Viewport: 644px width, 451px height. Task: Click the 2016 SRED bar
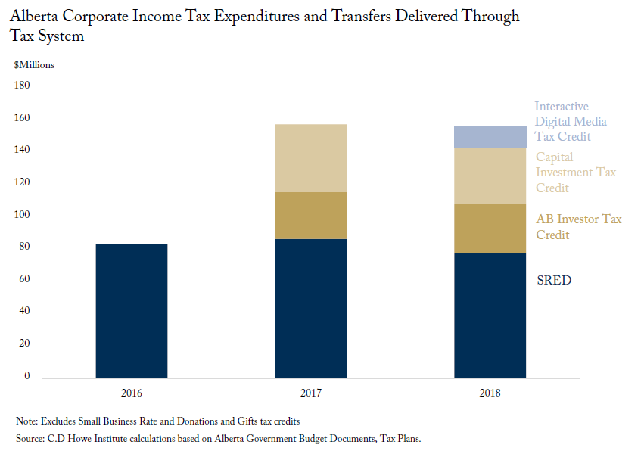click(x=132, y=311)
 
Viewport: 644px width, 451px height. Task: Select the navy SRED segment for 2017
click(x=311, y=309)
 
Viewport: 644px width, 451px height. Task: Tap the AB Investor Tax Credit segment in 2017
click(x=311, y=216)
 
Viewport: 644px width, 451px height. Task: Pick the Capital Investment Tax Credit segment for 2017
click(x=311, y=158)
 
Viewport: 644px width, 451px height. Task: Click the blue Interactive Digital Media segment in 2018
click(x=490, y=136)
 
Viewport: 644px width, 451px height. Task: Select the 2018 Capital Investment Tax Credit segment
click(x=490, y=176)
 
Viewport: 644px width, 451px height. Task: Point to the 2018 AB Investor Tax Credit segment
click(x=490, y=229)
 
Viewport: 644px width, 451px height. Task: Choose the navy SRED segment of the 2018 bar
click(x=490, y=316)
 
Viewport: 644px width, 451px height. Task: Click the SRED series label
click(x=554, y=280)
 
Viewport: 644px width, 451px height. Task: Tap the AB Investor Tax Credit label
click(x=579, y=227)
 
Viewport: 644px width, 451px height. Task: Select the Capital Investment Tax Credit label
click(x=576, y=173)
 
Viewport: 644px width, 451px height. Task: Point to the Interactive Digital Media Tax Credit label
click(x=571, y=122)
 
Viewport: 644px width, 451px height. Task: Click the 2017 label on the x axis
click(x=311, y=393)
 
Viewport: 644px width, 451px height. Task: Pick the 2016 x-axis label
click(x=132, y=393)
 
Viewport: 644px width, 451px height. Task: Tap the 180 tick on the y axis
click(x=22, y=85)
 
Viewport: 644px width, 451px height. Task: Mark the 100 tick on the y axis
click(x=22, y=214)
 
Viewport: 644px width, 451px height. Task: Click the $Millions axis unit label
click(x=34, y=65)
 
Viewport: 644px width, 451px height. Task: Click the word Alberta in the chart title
click(x=34, y=16)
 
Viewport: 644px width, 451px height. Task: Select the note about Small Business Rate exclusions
click(x=157, y=421)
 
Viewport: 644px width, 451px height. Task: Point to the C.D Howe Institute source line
click(x=219, y=439)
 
